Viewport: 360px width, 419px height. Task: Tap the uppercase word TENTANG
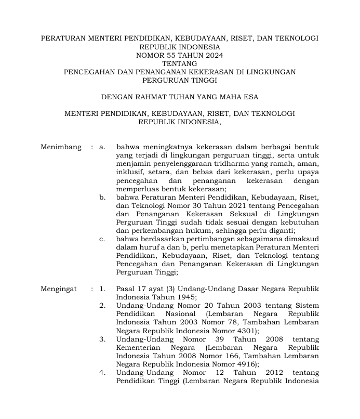coord(179,63)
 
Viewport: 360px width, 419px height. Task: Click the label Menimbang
coord(61,147)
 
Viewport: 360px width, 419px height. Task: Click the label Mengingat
coord(59,289)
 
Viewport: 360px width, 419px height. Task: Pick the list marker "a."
coord(102,147)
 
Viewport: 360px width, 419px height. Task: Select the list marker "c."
coord(103,239)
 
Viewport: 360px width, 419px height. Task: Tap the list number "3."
coord(103,339)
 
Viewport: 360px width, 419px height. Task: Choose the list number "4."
coord(103,372)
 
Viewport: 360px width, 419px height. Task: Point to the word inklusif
coord(132,172)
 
